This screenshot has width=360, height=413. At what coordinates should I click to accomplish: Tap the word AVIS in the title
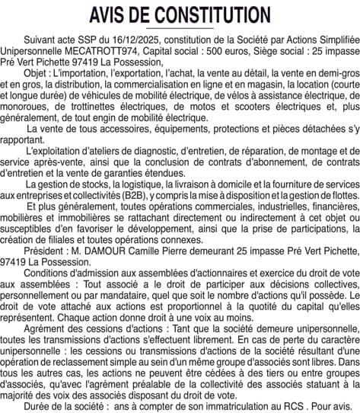pos(110,15)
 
